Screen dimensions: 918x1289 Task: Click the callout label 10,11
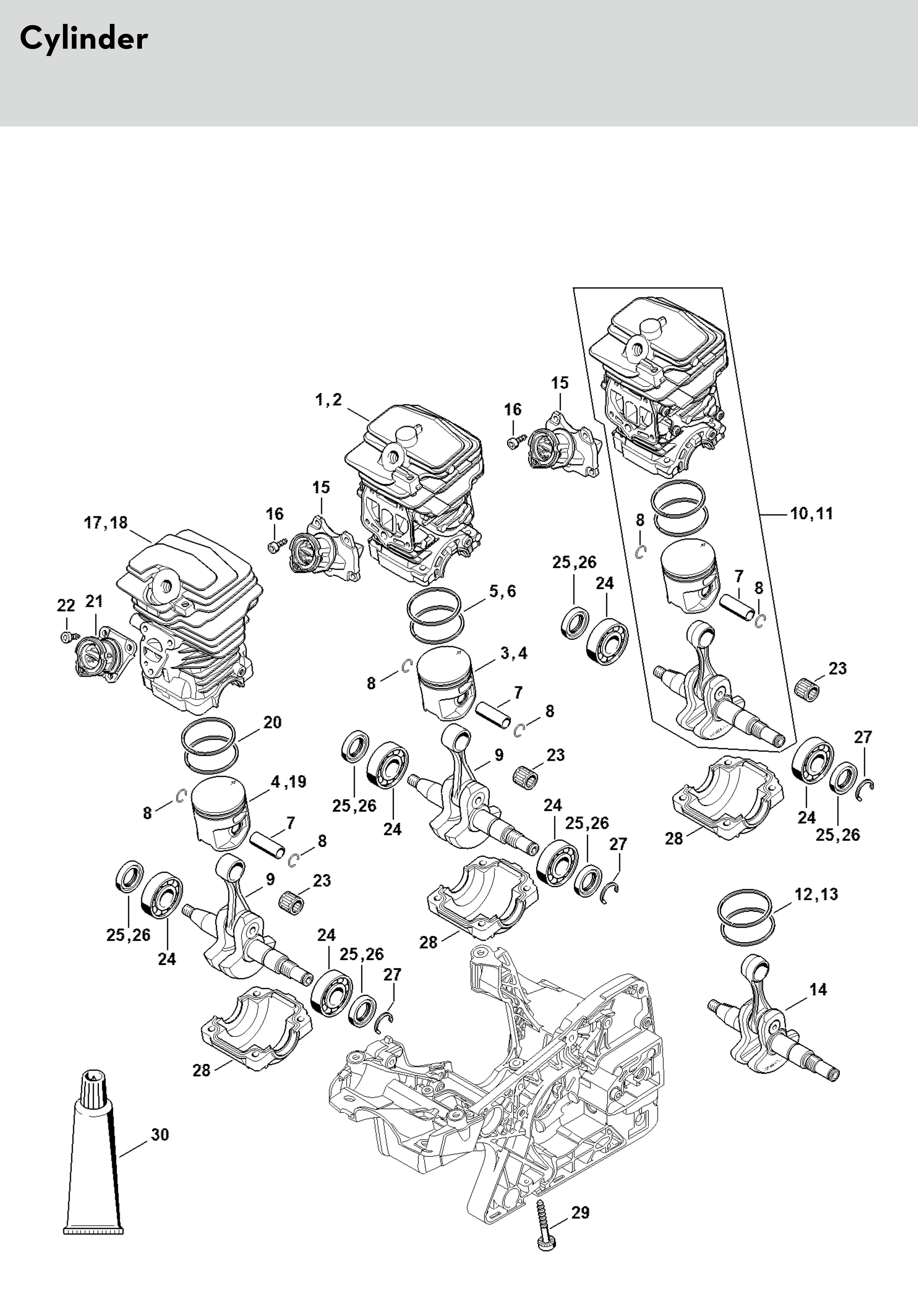(812, 514)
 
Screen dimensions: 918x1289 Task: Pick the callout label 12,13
(816, 894)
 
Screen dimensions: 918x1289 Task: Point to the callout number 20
(272, 722)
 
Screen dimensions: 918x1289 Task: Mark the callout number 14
(818, 990)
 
